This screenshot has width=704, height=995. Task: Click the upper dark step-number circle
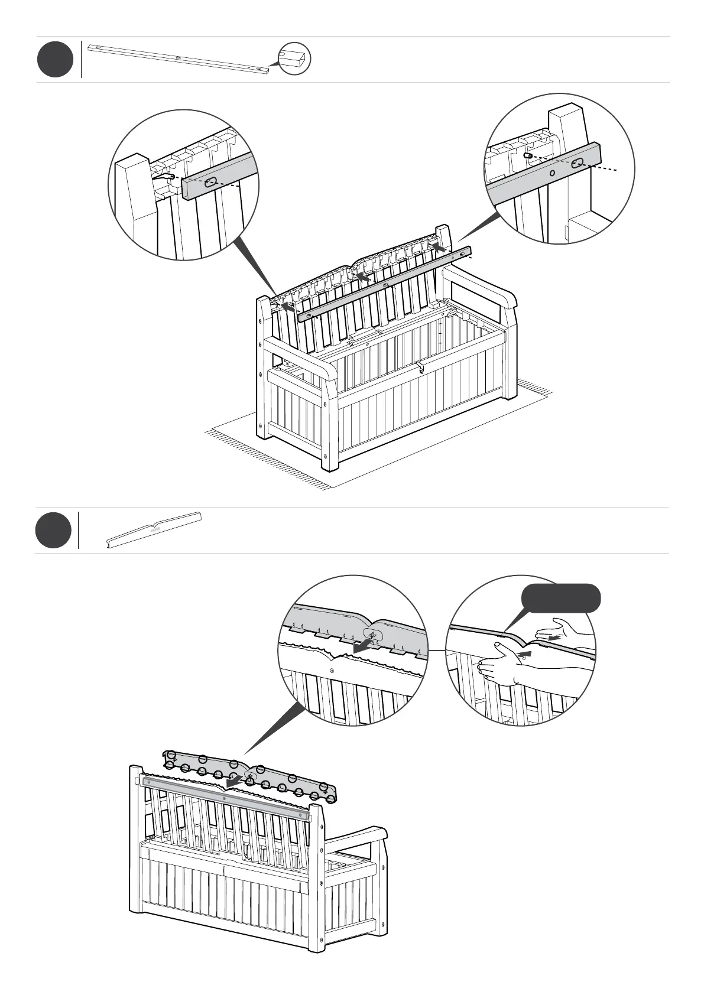click(x=55, y=59)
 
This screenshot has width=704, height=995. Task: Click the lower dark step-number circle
click(x=53, y=530)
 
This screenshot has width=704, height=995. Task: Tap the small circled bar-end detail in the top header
click(x=294, y=58)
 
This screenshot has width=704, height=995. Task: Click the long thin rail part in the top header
click(x=177, y=58)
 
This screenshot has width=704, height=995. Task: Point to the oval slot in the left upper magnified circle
click(x=210, y=184)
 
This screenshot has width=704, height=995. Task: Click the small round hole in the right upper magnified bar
click(x=552, y=174)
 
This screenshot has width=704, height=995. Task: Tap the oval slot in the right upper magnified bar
click(x=577, y=164)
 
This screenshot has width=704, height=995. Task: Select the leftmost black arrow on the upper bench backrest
click(x=287, y=307)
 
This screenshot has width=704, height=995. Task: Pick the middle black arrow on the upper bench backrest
click(x=362, y=276)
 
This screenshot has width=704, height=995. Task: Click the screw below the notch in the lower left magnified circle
click(x=332, y=670)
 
